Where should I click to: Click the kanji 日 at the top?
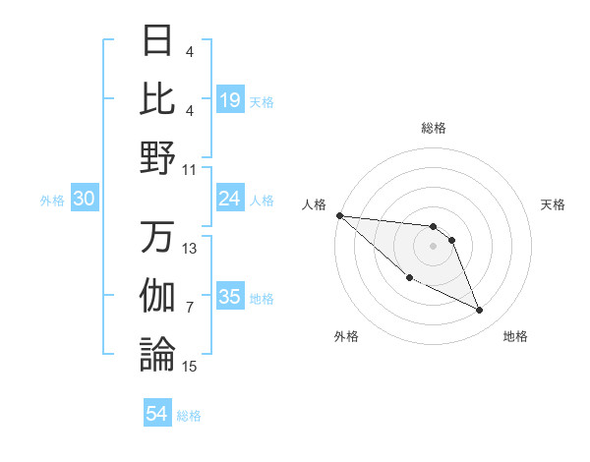[x=158, y=40]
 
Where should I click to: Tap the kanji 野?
[x=158, y=157]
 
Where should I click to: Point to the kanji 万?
[x=158, y=237]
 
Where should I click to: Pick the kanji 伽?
[x=158, y=296]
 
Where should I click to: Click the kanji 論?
[x=158, y=354]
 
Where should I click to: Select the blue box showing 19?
[x=229, y=100]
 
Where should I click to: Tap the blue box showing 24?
[x=229, y=200]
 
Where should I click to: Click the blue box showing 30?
[x=84, y=200]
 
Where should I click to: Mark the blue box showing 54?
[x=157, y=415]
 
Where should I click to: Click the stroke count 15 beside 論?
[x=190, y=367]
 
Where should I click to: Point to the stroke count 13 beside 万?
[x=190, y=249]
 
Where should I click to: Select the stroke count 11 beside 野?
[x=190, y=169]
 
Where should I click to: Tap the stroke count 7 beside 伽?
[x=190, y=308]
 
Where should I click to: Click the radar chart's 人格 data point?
[x=339, y=215]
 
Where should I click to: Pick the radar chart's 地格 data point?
[x=480, y=311]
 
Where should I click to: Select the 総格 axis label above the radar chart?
[x=433, y=128]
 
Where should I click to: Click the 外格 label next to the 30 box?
[x=52, y=201]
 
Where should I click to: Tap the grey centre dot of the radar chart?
[x=433, y=246]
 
